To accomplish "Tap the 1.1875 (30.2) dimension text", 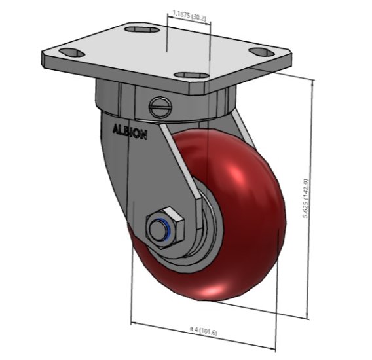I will pos(189,13).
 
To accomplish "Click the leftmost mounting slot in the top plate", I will pos(69,52).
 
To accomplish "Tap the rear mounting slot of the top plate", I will pos(142,29).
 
